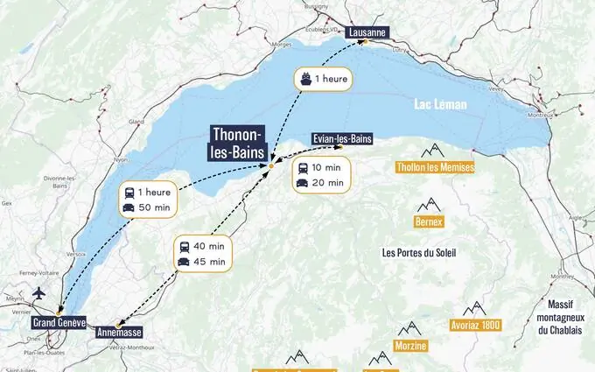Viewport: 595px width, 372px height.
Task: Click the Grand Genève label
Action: pyautogui.click(x=59, y=322)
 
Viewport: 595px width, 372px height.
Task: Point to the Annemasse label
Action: pyautogui.click(x=117, y=332)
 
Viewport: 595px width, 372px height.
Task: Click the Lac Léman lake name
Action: pyautogui.click(x=440, y=105)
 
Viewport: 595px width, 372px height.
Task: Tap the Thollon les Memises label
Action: pyautogui.click(x=435, y=167)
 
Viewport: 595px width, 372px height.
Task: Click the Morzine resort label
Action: pyautogui.click(x=410, y=346)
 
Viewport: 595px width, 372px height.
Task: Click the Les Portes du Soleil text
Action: pyautogui.click(x=419, y=252)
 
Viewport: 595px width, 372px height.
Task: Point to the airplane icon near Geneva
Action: pyautogui.click(x=37, y=292)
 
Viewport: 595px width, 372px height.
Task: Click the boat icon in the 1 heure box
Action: pyautogui.click(x=305, y=78)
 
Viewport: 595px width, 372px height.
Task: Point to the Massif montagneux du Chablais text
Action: pyautogui.click(x=560, y=317)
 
